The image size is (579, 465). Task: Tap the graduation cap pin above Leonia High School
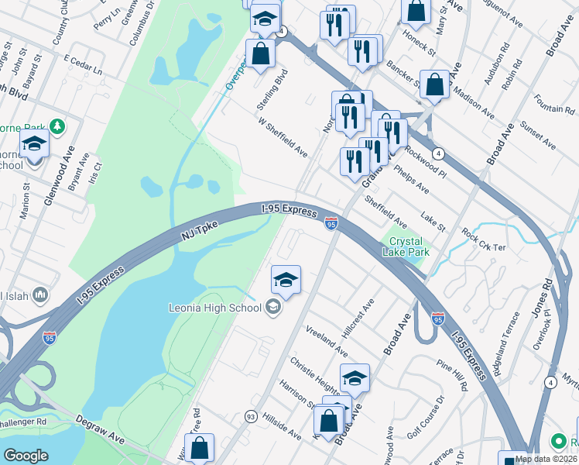(x=286, y=281)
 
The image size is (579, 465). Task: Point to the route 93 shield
(x=251, y=417)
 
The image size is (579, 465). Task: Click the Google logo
(x=26, y=455)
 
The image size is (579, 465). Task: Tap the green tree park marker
(x=56, y=126)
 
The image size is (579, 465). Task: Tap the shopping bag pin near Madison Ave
(x=435, y=85)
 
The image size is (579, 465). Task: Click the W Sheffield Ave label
(x=283, y=136)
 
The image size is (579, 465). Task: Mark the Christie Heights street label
(x=315, y=374)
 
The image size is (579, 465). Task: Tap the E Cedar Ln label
(x=83, y=64)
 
